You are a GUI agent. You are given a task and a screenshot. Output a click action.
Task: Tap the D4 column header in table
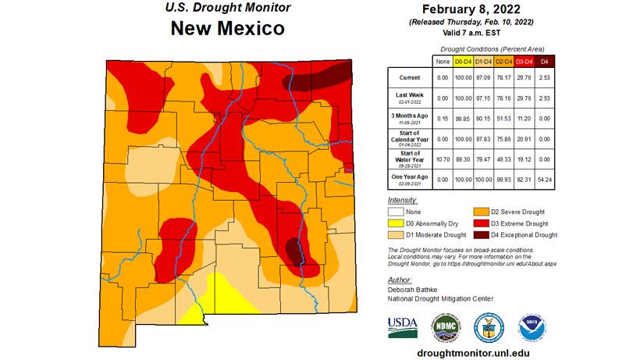tap(546, 61)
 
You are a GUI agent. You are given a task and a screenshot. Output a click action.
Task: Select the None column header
tap(443, 61)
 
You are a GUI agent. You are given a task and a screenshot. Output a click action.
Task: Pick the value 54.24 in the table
tap(546, 180)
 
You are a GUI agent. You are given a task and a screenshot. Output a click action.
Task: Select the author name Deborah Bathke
tap(414, 289)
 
